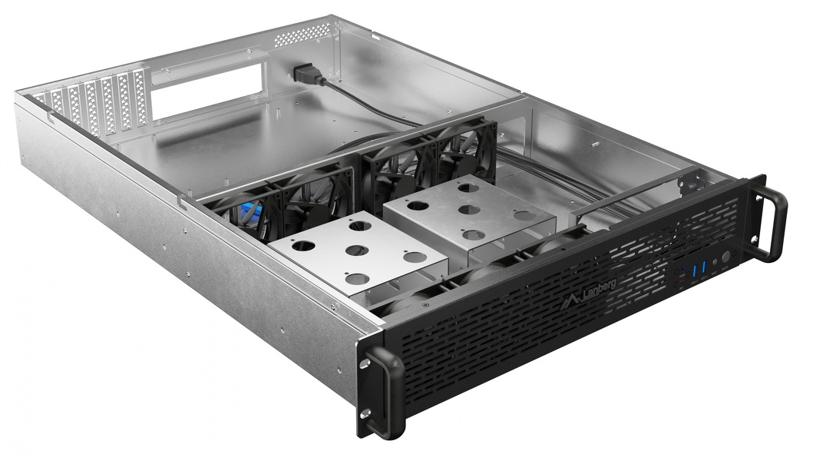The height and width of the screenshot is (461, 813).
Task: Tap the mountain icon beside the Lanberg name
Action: pos(571,299)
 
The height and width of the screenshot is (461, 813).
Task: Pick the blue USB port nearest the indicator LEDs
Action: pos(695,271)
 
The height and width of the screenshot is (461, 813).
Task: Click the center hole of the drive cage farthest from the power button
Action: pos(355,250)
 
